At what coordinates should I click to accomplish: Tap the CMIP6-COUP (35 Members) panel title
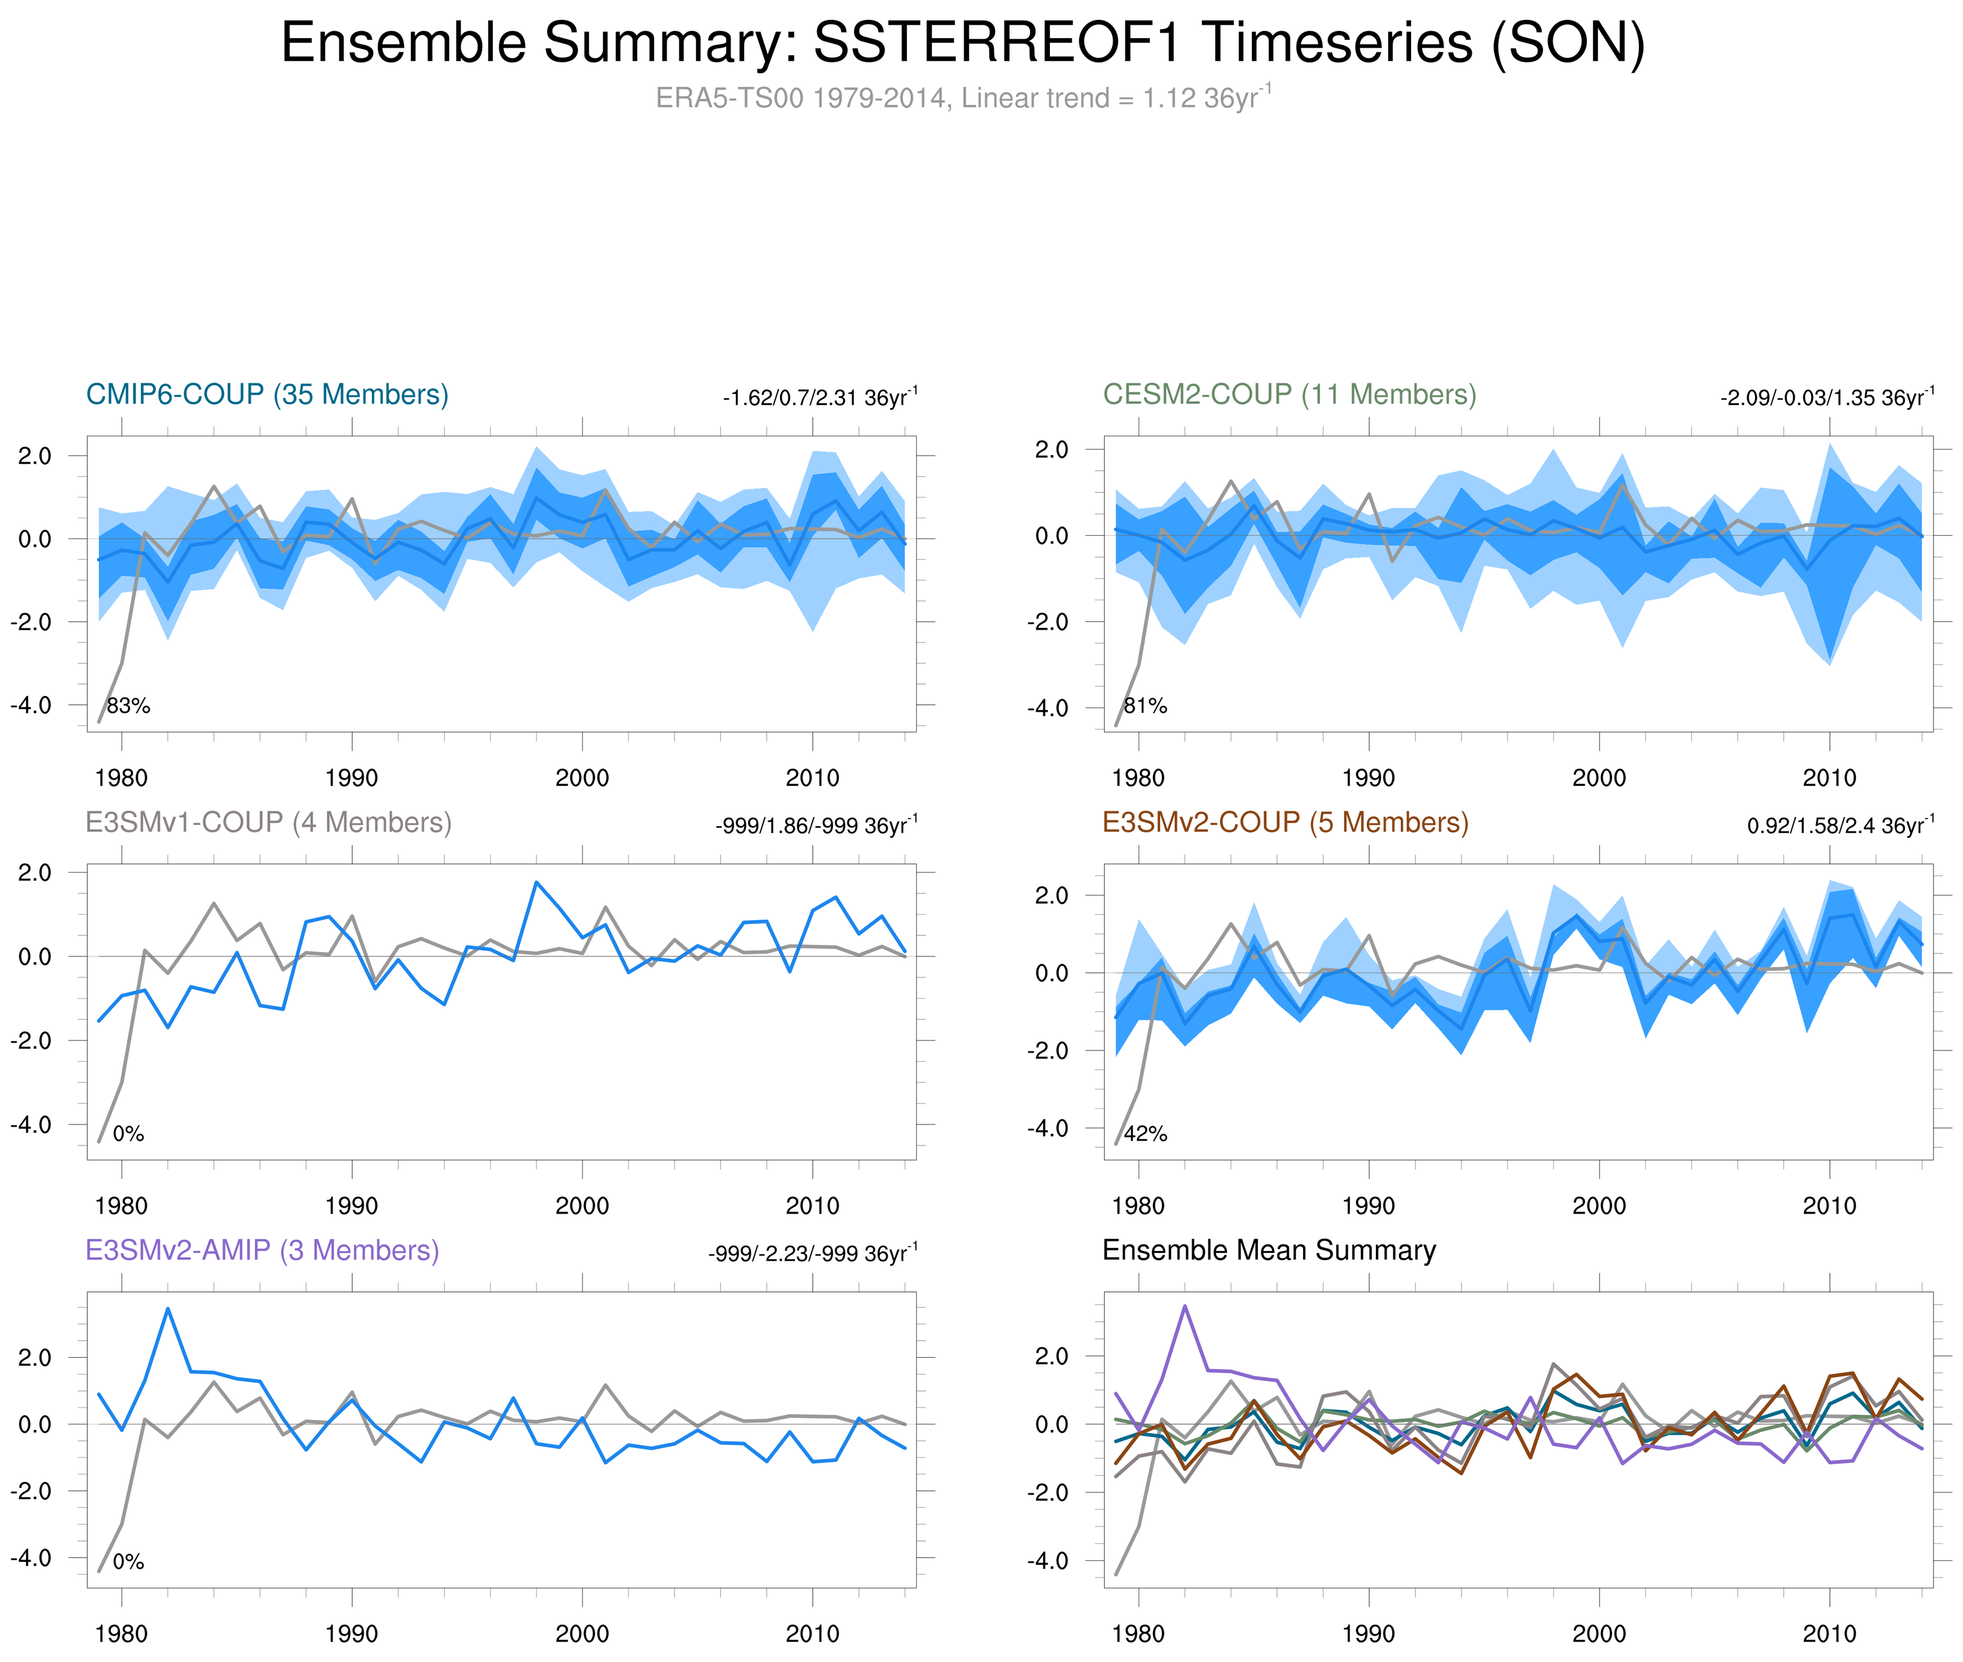pyautogui.click(x=267, y=395)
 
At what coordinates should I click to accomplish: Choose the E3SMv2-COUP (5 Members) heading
pyautogui.click(x=1284, y=823)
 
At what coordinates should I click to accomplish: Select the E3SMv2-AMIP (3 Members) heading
pyautogui.click(x=262, y=1250)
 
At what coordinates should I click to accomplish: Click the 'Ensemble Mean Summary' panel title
pyautogui.click(x=1269, y=1250)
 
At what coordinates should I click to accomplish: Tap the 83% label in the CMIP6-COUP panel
pyautogui.click(x=128, y=706)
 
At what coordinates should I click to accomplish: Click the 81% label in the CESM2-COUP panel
pyautogui.click(x=1145, y=706)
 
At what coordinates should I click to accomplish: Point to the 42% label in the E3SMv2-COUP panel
pyautogui.click(x=1145, y=1134)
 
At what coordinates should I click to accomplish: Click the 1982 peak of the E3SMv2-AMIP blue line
pyautogui.click(x=168, y=1309)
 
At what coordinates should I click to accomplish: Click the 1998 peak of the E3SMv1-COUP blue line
pyautogui.click(x=536, y=882)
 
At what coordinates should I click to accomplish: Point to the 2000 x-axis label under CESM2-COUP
pyautogui.click(x=1598, y=778)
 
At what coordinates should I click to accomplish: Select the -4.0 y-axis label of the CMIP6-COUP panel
pyautogui.click(x=31, y=704)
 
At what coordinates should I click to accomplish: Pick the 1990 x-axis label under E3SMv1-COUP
pyautogui.click(x=351, y=1206)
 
